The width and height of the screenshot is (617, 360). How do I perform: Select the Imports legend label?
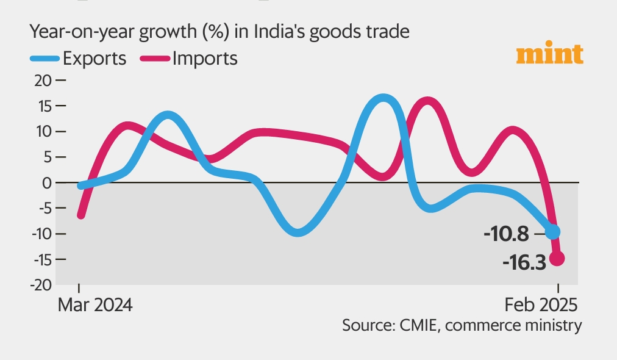point(205,59)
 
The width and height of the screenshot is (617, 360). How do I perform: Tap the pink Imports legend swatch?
point(155,59)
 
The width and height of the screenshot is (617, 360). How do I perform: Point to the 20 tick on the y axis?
point(45,81)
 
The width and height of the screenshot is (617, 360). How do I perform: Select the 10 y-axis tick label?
point(45,132)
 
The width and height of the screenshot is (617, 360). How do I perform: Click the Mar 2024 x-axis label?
point(95,304)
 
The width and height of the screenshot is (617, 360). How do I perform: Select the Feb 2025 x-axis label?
point(541,304)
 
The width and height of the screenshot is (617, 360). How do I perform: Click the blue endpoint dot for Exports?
point(552,232)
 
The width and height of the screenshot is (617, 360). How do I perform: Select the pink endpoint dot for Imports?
point(557,259)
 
